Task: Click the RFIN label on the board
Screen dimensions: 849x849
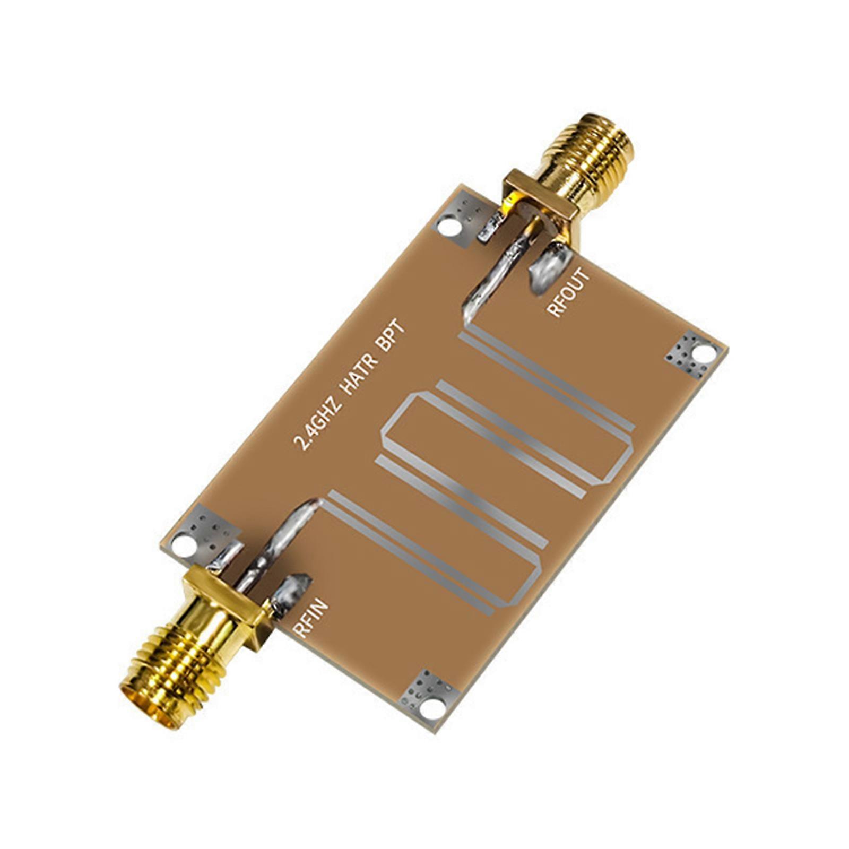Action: coord(311,618)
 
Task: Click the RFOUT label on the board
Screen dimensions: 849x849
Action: coord(568,292)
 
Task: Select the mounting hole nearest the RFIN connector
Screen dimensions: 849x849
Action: coord(184,544)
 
